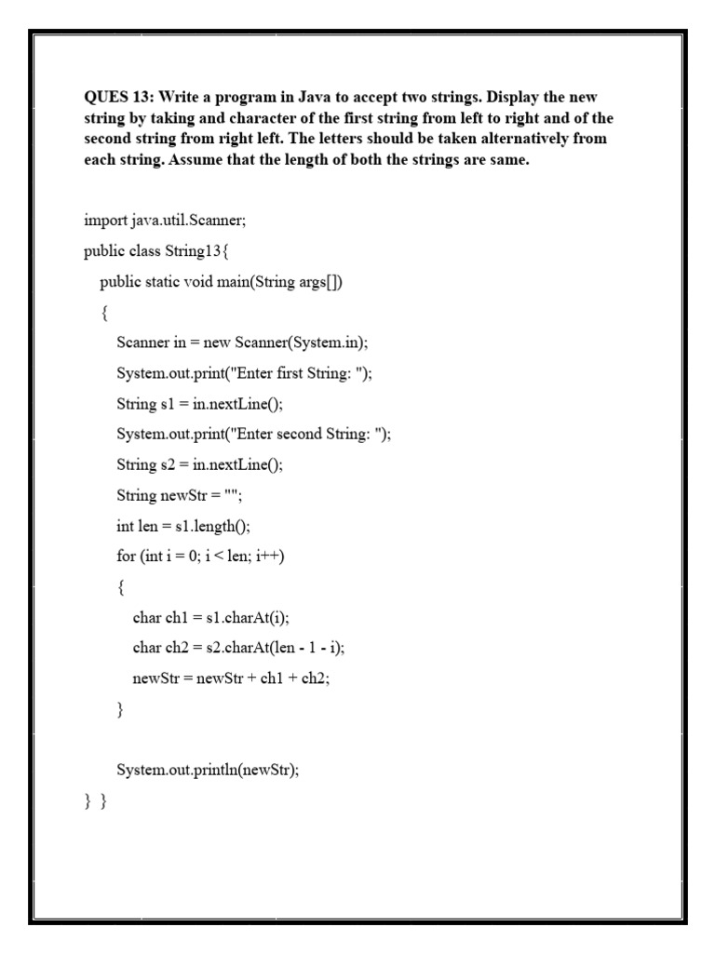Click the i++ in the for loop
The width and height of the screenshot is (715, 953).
coord(269,557)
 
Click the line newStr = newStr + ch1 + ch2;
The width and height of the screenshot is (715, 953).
coord(232,678)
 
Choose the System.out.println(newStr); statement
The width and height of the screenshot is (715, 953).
coord(208,770)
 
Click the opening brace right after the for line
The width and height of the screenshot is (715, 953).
coord(121,587)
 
